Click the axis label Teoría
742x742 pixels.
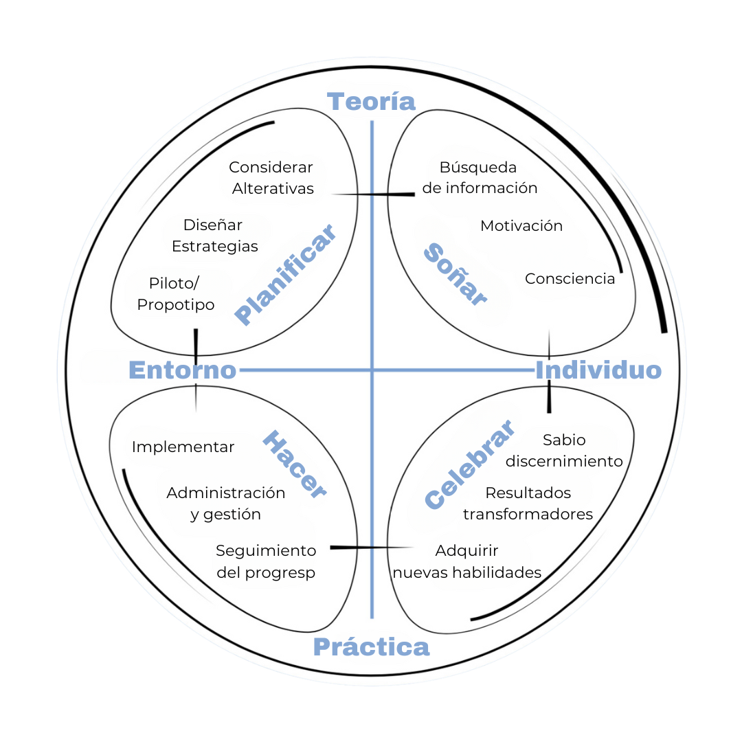[x=372, y=102]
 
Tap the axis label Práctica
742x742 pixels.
[x=371, y=647]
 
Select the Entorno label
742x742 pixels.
[x=183, y=370]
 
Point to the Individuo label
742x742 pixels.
[x=598, y=370]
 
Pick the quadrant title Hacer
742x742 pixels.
[x=294, y=465]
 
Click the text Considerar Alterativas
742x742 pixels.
[x=272, y=178]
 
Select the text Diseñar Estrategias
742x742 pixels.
[x=214, y=236]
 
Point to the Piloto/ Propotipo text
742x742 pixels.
[x=176, y=294]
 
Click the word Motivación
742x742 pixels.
[x=521, y=226]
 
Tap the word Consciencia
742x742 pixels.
[x=570, y=279]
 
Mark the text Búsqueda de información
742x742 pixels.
[x=480, y=178]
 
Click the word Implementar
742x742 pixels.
[x=183, y=447]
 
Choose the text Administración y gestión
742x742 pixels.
[x=225, y=504]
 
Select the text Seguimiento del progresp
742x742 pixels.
[x=266, y=561]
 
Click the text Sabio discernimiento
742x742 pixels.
[x=564, y=451]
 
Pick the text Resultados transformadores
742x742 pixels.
[x=528, y=504]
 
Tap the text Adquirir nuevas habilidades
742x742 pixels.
[x=467, y=561]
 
